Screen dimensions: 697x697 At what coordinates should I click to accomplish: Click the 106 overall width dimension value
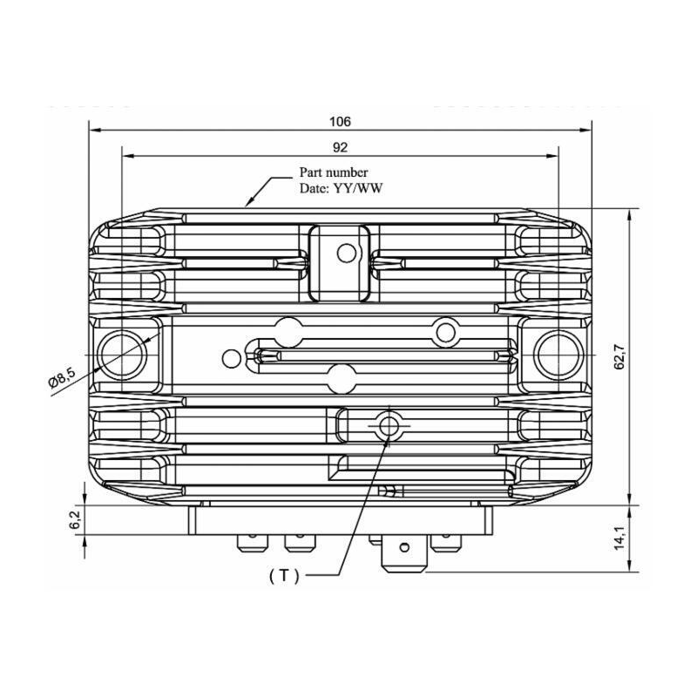[x=341, y=121]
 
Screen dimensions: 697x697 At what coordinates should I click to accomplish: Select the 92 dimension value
[x=341, y=147]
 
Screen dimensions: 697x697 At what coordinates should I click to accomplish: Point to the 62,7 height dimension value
[x=619, y=356]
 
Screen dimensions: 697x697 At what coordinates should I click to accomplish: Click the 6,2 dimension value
[x=76, y=521]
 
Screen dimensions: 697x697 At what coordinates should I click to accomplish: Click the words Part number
[x=334, y=173]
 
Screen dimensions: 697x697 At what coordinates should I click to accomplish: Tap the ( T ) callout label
[x=284, y=575]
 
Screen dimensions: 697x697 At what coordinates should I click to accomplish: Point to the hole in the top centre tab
[x=347, y=254]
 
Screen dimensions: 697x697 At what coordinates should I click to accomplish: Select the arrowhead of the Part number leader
[x=249, y=204]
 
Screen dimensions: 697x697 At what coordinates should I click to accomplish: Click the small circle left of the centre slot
[x=231, y=357]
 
